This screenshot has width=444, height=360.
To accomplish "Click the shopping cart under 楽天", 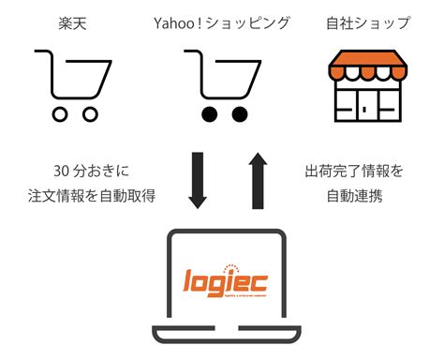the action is [67, 84].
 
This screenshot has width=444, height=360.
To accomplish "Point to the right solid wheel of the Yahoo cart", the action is [239, 114].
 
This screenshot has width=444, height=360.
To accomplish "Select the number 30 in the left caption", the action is [62, 172].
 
